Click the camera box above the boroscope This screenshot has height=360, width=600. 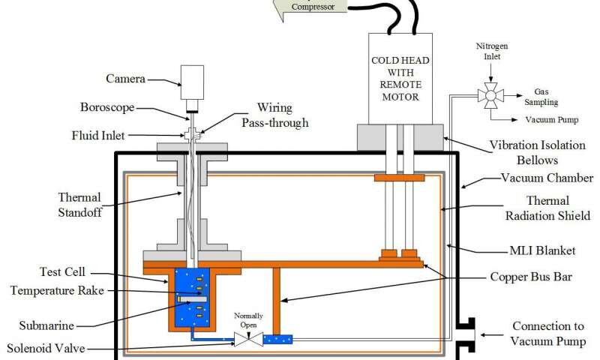point(192,82)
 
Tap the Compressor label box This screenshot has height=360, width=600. point(310,7)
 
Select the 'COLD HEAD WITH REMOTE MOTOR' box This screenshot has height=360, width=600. point(400,79)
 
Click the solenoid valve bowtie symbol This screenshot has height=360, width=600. point(249,339)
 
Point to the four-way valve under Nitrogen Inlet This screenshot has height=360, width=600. point(491,95)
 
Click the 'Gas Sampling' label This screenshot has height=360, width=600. point(541,97)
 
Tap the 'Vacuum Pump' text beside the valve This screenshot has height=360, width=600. point(552,120)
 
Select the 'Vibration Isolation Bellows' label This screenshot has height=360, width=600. point(537,152)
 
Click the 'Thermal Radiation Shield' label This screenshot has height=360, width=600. point(547,208)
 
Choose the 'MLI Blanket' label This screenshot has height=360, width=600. point(542,250)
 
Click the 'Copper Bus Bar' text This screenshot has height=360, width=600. point(531,277)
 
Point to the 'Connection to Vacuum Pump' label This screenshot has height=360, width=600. point(548,333)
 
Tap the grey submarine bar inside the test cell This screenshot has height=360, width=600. point(192,298)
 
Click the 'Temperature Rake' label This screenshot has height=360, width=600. point(57,290)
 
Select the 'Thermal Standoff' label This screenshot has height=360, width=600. point(79,205)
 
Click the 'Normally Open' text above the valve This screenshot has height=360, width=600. point(248,320)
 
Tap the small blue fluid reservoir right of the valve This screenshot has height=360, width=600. point(277,339)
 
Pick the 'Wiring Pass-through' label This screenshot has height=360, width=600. point(274,115)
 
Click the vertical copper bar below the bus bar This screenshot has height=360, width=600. point(277,301)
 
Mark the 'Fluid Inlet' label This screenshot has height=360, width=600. point(98,136)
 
